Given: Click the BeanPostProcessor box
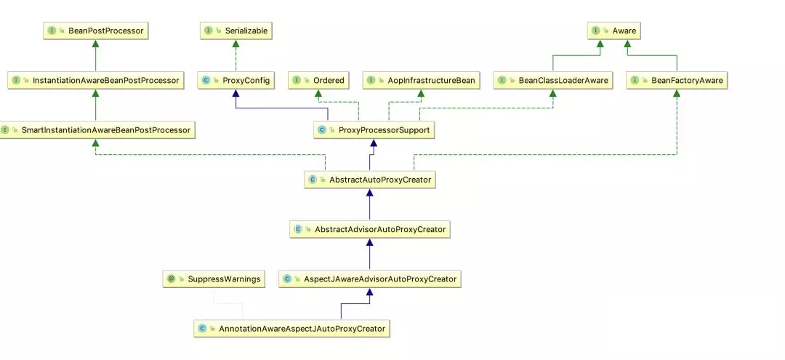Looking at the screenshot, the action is click(x=96, y=31).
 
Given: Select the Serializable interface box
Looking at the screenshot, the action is click(x=235, y=31).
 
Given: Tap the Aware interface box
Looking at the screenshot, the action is click(x=613, y=31).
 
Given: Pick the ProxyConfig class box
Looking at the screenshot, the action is click(x=236, y=80).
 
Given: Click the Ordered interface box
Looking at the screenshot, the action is click(x=318, y=80).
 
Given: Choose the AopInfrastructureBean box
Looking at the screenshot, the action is click(x=421, y=80).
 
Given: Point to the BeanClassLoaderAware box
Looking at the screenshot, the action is click(x=553, y=80).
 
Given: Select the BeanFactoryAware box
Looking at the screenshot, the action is click(x=677, y=80).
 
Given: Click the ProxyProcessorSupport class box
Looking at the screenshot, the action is click(x=374, y=130).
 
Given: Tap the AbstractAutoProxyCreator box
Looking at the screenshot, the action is click(x=370, y=179).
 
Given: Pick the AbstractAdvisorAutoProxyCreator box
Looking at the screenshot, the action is click(x=370, y=229).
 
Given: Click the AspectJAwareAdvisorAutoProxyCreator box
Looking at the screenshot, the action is click(x=370, y=279).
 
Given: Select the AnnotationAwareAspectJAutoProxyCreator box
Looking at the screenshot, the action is click(x=292, y=329).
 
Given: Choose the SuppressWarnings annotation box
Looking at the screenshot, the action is click(x=214, y=279).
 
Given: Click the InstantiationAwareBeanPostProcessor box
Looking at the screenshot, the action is click(x=96, y=80).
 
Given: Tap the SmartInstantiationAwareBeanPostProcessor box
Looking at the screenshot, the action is click(x=96, y=130).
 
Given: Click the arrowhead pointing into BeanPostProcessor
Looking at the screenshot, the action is click(x=96, y=43).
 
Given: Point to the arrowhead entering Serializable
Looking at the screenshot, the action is click(x=235, y=43).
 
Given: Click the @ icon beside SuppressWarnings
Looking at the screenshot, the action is click(x=172, y=279).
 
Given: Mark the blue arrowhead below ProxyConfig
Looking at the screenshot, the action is click(x=236, y=92).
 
